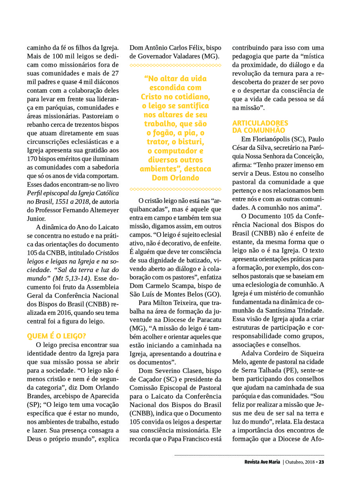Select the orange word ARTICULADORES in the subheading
pyautogui.click(x=260, y=123)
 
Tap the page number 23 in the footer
pyautogui.click(x=322, y=462)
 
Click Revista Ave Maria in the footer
pyautogui.click(x=262, y=462)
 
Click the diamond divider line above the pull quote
pyautogui.click(x=175, y=65)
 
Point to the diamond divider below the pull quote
pyautogui.click(x=175, y=189)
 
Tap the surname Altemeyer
pyautogui.click(x=102, y=210)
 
